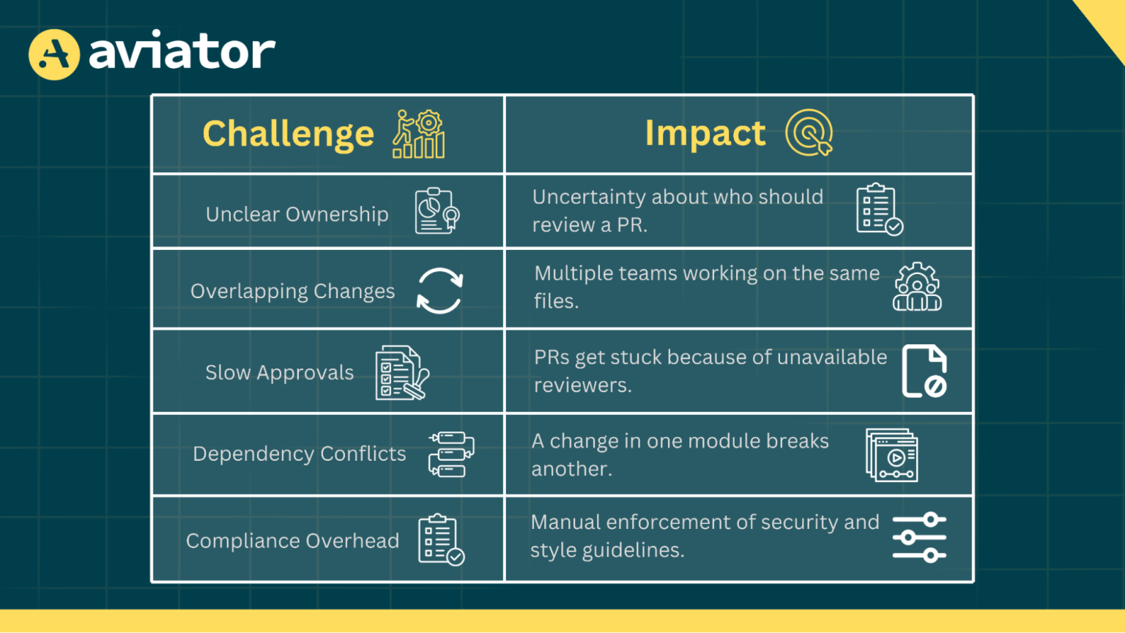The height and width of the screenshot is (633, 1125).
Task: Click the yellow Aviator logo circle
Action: click(54, 54)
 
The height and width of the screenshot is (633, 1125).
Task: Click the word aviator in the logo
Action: click(182, 52)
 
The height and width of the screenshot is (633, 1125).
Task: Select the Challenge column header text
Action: click(288, 134)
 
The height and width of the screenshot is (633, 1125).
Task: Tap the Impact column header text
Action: click(705, 133)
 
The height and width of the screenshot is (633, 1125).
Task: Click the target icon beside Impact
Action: click(809, 133)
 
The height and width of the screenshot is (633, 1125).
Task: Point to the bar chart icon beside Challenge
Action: click(419, 135)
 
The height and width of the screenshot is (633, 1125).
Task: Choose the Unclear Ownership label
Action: click(297, 214)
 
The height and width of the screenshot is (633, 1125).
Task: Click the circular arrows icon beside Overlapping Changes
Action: click(439, 291)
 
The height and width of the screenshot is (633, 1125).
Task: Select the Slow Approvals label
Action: click(279, 373)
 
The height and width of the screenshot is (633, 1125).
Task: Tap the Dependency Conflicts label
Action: click(299, 454)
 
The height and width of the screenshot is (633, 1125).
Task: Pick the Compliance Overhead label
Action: click(292, 541)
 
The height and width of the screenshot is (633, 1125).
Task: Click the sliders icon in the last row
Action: click(919, 538)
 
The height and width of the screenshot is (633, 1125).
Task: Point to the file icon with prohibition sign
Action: click(924, 371)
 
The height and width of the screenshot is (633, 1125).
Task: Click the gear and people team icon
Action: click(917, 287)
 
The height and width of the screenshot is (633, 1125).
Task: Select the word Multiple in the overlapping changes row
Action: click(573, 273)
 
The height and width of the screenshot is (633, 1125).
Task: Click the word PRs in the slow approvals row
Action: click(551, 358)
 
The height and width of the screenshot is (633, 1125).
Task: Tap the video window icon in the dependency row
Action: click(892, 456)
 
